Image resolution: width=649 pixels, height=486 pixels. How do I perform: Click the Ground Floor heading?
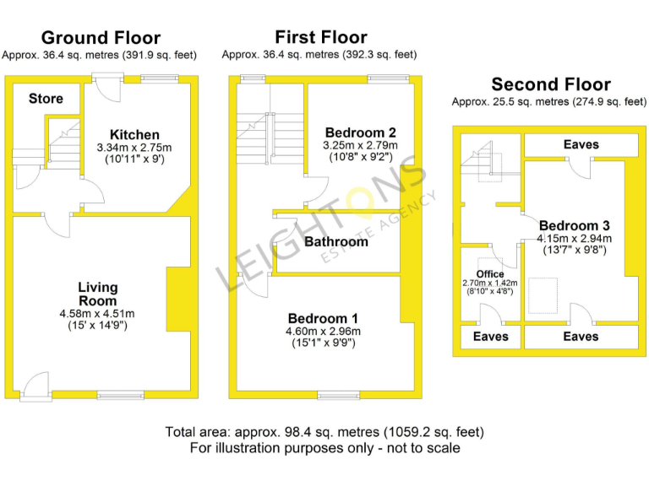click(x=101, y=38)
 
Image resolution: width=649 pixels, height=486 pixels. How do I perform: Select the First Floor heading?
click(x=320, y=37)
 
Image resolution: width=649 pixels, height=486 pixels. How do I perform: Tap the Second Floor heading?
click(x=551, y=84)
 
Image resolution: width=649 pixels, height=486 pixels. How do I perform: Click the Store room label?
click(x=46, y=99)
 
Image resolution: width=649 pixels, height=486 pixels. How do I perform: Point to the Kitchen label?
click(x=134, y=134)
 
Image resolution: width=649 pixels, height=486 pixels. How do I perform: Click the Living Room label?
click(x=98, y=294)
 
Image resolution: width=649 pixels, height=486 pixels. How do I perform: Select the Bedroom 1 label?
click(x=323, y=318)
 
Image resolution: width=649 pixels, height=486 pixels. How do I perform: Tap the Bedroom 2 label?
click(x=361, y=132)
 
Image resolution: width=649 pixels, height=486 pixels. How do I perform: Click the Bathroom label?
click(x=336, y=241)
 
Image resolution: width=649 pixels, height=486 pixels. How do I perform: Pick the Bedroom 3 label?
click(x=574, y=225)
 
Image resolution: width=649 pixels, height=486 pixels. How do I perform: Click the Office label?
click(x=490, y=273)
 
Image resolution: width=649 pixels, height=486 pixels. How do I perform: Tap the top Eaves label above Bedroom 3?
click(x=581, y=144)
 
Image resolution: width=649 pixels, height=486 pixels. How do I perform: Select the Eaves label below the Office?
click(x=490, y=337)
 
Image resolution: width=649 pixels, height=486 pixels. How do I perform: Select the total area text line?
click(x=324, y=432)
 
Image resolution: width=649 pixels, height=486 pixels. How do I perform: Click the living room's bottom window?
click(x=114, y=394)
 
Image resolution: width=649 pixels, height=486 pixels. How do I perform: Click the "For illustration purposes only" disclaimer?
click(x=324, y=448)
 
